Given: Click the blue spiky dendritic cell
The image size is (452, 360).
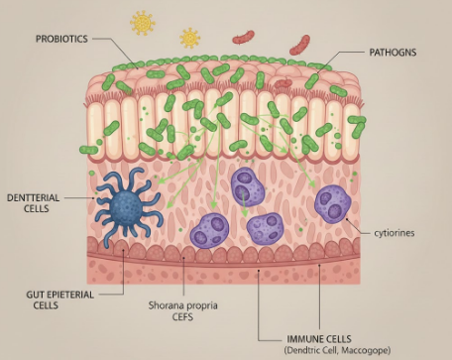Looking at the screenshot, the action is pyautogui.click(x=126, y=205).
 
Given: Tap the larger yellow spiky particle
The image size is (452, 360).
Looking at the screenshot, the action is pyautogui.click(x=144, y=22).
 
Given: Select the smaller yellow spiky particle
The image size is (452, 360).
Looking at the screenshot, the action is pyautogui.click(x=189, y=38).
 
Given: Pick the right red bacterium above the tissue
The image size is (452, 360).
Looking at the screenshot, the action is pyautogui.click(x=299, y=45).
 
